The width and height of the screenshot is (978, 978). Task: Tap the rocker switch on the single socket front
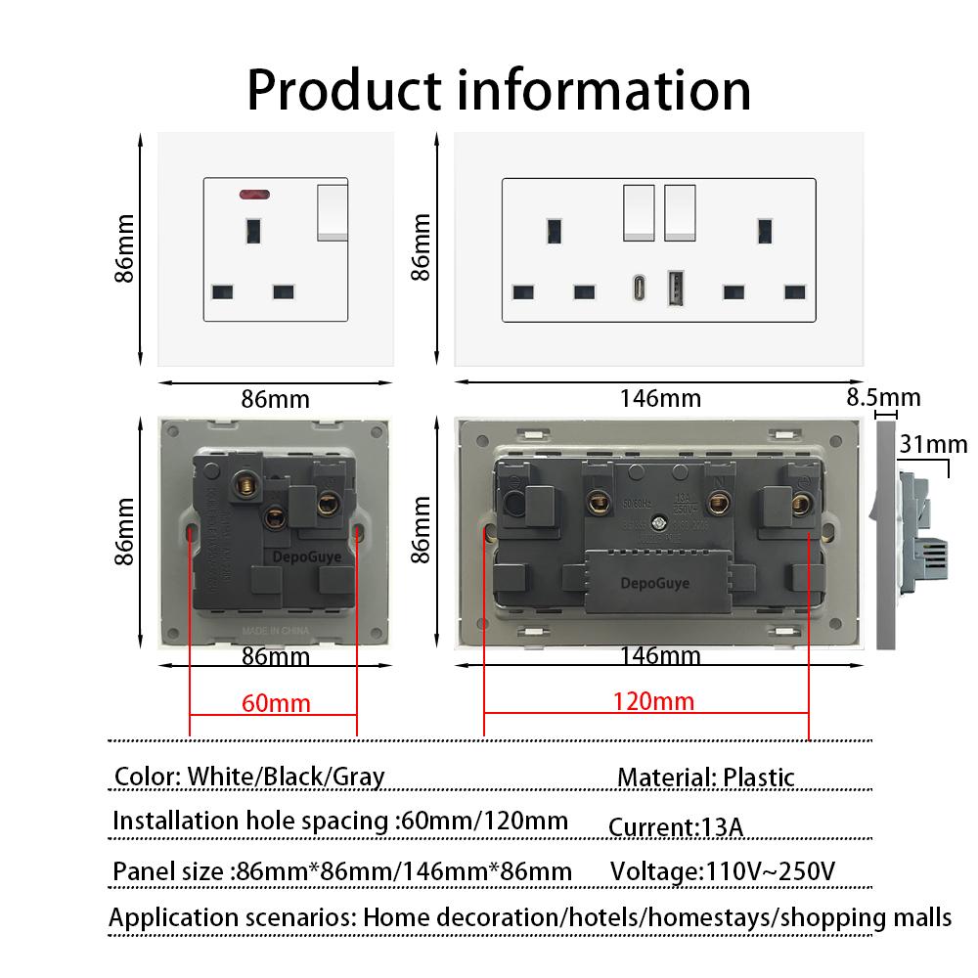pos(333,211)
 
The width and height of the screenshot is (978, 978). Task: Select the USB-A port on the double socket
pos(675,290)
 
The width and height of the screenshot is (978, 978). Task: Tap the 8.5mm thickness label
pos(883,397)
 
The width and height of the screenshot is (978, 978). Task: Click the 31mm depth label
pos(933,445)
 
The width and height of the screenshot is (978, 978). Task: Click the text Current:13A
pos(676,827)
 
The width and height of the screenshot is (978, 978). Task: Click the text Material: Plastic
pos(706,778)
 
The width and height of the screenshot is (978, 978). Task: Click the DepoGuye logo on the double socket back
pos(655,583)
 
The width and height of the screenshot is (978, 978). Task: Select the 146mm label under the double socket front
pos(660,398)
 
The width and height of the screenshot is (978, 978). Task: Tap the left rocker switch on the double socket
pos(640,210)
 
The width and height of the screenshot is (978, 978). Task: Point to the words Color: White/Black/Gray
pos(249,777)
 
